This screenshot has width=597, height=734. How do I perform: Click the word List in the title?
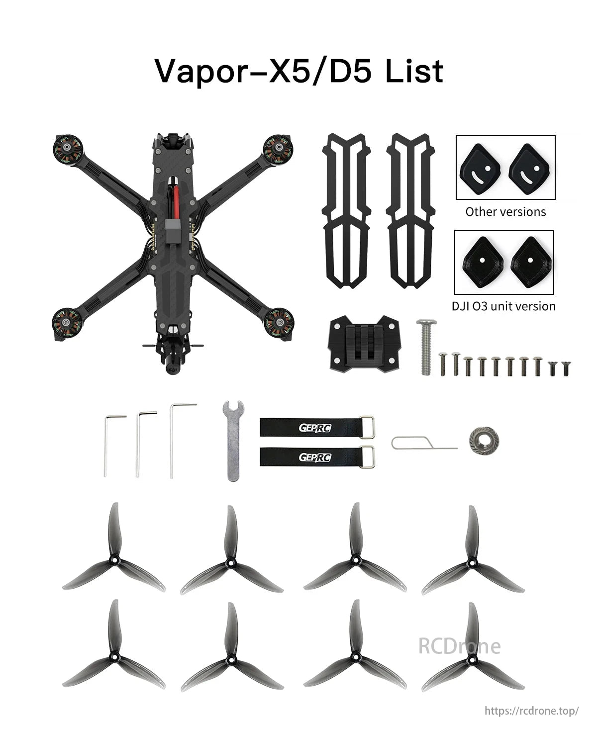point(414,71)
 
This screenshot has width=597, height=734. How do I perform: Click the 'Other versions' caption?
point(505,211)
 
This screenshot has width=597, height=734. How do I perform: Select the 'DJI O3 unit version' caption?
point(503,306)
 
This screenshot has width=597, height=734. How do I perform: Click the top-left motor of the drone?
point(68,148)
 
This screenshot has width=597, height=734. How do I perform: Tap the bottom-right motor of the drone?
point(279,323)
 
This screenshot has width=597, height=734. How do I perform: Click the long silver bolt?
point(426,347)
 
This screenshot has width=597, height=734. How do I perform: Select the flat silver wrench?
point(233,441)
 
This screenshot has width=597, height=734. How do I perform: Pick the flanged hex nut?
point(484,440)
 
